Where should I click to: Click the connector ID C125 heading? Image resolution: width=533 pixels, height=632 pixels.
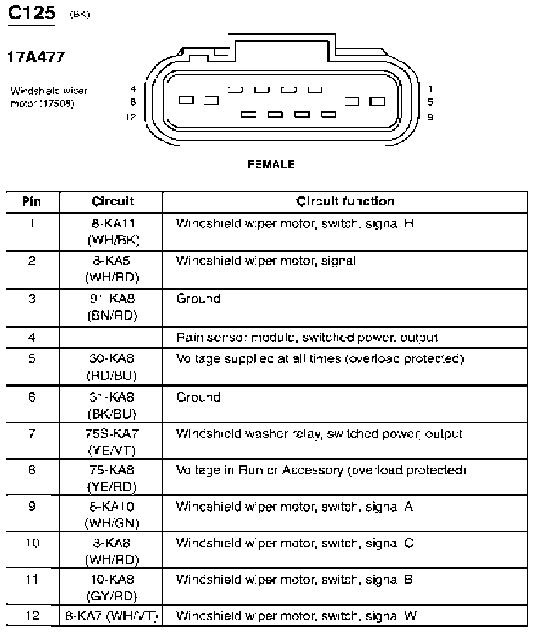point(31,13)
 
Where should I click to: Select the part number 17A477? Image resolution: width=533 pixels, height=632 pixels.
point(35,57)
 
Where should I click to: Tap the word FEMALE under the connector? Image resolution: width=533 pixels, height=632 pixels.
point(270,164)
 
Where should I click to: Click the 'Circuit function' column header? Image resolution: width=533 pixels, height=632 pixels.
point(345,201)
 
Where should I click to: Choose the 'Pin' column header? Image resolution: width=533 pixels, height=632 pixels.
point(32,201)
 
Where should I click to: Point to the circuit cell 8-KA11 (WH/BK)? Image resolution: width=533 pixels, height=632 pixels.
point(112,231)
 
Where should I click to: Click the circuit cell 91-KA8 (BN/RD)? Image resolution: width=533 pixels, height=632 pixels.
point(112,307)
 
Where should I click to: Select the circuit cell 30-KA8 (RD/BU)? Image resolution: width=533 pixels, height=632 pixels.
point(112,366)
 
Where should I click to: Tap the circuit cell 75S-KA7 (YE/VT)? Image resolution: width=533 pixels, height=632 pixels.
point(112,442)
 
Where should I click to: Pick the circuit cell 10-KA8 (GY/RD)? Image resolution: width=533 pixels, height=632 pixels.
point(112,587)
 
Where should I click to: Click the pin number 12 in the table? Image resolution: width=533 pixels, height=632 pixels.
point(32,616)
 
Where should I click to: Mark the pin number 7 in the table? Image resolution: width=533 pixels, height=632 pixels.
point(32,434)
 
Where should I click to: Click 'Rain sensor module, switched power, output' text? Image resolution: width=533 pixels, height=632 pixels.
point(307,338)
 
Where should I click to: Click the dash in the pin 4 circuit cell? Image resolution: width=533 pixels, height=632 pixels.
point(112,338)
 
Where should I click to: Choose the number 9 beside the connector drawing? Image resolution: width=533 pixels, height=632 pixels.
point(430,118)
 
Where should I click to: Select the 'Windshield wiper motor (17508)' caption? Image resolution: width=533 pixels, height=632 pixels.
point(49,97)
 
